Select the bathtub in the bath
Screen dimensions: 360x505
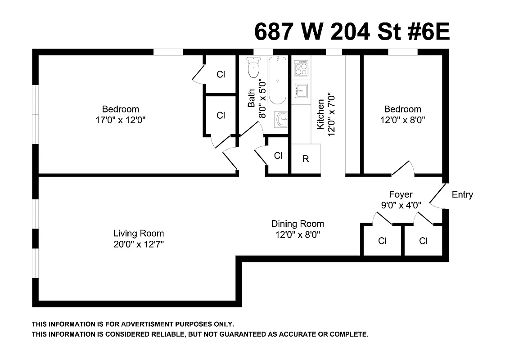click(277, 80)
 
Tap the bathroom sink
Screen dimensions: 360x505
click(281, 120)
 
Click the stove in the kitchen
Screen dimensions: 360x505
click(301, 68)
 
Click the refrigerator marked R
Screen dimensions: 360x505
click(306, 159)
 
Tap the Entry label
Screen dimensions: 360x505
click(462, 195)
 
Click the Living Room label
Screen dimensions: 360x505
click(138, 234)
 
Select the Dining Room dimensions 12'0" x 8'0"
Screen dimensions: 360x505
click(297, 234)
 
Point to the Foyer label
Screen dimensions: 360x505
click(401, 194)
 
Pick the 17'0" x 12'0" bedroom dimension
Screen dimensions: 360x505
click(120, 120)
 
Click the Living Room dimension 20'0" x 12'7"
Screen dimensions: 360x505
click(138, 245)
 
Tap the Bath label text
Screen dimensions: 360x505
click(252, 98)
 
